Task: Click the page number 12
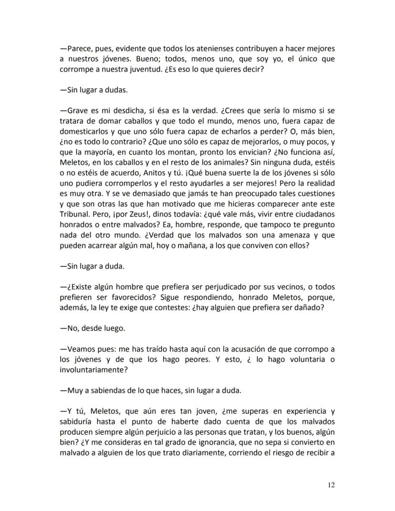click(x=331, y=485)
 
